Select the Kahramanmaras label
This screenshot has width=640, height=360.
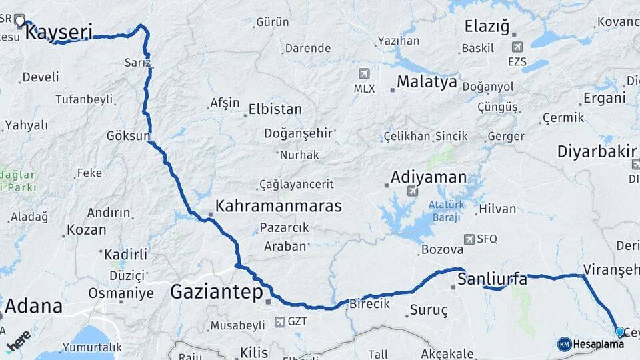279,205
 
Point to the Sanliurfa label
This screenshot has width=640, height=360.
493,279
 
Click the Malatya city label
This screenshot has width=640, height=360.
427,82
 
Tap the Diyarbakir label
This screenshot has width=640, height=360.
597,152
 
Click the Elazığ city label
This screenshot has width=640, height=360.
487,27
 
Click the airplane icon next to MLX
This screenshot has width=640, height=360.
364,73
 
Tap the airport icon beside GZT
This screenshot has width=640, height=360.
279,322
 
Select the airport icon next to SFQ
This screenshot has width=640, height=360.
469,239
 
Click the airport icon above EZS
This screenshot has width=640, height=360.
517,47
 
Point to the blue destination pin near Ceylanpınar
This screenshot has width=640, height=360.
620,332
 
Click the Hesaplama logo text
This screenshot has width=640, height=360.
598,344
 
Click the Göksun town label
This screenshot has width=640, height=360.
128,136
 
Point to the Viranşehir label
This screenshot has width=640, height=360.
611,269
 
